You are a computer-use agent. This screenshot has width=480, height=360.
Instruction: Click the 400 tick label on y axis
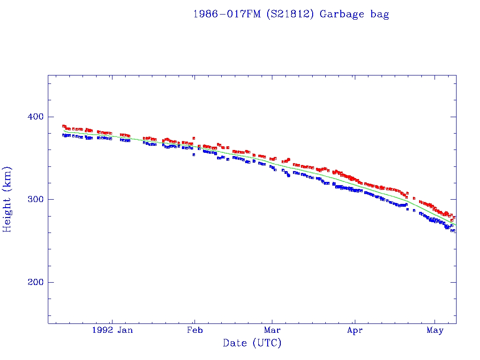click(33, 117)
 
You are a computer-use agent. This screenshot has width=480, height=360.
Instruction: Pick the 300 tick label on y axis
click(33, 200)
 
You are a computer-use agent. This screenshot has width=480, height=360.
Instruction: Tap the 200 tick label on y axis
click(33, 282)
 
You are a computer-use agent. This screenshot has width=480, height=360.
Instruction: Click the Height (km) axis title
click(7, 199)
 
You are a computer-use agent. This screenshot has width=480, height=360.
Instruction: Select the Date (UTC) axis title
click(252, 343)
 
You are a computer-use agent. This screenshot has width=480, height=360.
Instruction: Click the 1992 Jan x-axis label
click(112, 330)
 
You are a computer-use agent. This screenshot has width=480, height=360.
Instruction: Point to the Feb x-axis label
click(195, 330)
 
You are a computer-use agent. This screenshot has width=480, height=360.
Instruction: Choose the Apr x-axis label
click(355, 330)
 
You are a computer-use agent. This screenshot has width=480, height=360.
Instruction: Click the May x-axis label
click(435, 330)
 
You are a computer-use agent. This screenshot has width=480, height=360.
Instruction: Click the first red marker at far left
click(64, 126)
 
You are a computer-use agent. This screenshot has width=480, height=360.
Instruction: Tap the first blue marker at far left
click(64, 135)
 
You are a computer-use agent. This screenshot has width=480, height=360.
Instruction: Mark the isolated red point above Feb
click(194, 138)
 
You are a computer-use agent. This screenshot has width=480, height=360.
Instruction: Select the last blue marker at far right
click(454, 231)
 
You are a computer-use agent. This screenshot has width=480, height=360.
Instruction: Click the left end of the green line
click(65, 131)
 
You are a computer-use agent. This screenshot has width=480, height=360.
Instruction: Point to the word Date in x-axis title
click(235, 343)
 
